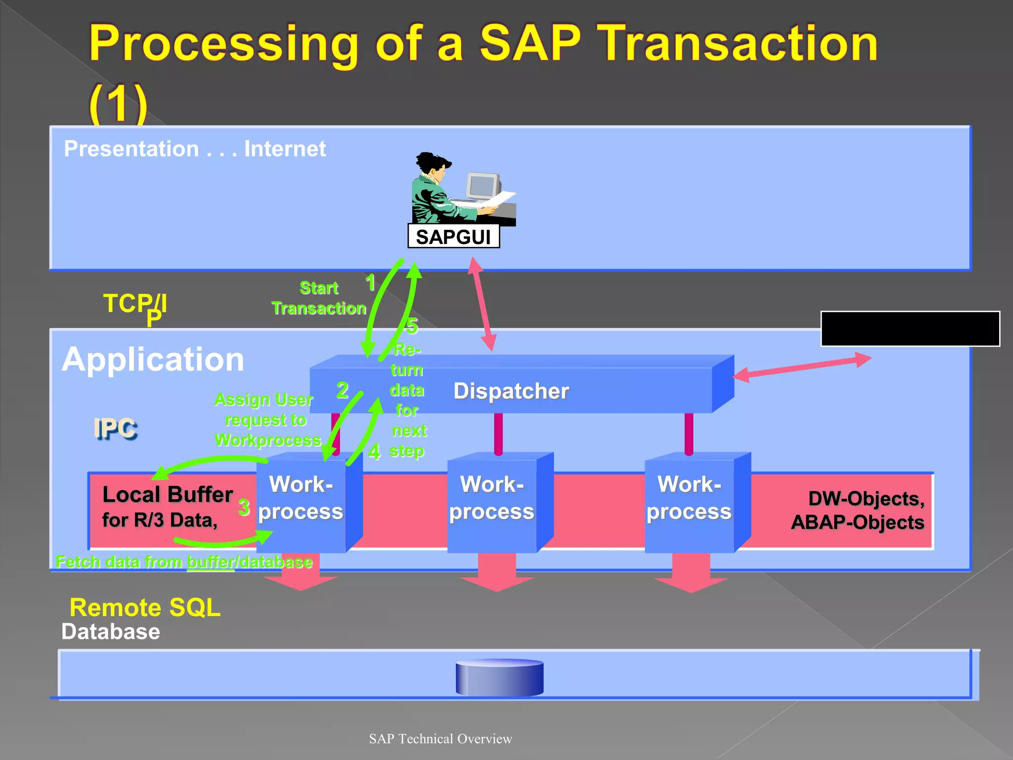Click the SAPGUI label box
[453, 237]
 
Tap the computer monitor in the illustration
[483, 186]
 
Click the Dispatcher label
[511, 391]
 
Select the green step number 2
[342, 390]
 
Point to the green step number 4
[374, 452]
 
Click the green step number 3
[243, 507]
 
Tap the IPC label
[115, 428]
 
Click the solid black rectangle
[910, 329]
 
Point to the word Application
[153, 359]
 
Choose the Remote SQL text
[145, 607]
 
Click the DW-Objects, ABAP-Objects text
[858, 510]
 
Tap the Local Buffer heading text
[167, 494]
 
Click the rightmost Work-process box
[690, 502]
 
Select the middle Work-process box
[492, 502]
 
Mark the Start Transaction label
[319, 298]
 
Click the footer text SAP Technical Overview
[440, 739]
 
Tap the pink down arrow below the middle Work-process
[497, 574]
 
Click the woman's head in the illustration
[433, 166]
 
